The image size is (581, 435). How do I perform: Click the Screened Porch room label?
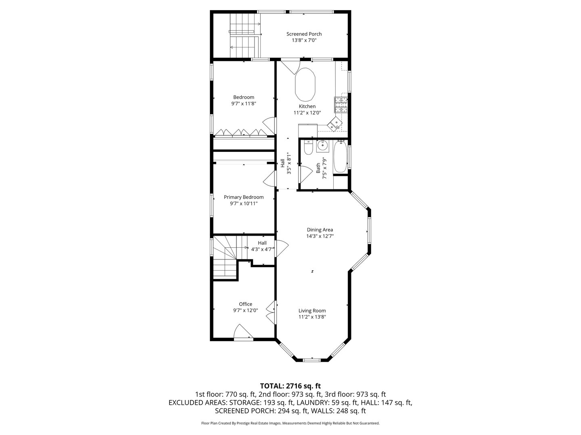[304, 34]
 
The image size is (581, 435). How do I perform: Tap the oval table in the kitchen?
[305, 84]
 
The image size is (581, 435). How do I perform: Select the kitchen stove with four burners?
[341, 105]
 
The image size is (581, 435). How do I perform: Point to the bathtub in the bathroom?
[340, 157]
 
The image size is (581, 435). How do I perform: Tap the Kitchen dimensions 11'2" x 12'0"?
[307, 113]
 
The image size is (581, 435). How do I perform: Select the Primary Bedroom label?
[244, 197]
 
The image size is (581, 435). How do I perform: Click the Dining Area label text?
[320, 230]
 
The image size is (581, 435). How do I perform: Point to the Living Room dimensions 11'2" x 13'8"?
[312, 317]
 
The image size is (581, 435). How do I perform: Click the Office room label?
[245, 304]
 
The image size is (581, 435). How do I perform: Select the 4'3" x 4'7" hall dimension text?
[262, 249]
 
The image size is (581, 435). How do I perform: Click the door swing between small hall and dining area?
[282, 248]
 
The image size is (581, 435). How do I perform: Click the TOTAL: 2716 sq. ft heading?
[290, 386]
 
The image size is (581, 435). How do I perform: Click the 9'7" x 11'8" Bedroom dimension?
[244, 104]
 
